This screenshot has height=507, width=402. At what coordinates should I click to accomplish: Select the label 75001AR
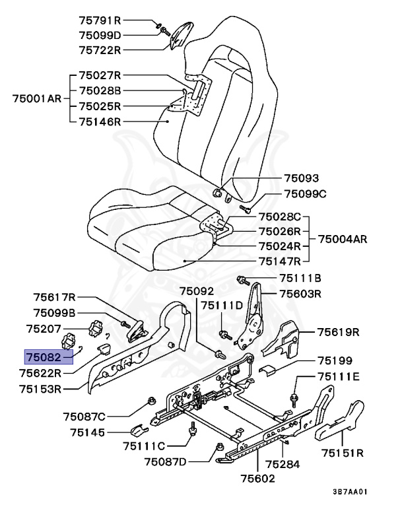(x=37, y=98)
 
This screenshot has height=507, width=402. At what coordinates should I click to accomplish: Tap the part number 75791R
(x=100, y=21)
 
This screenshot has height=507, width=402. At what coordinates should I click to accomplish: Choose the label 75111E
(x=338, y=376)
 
